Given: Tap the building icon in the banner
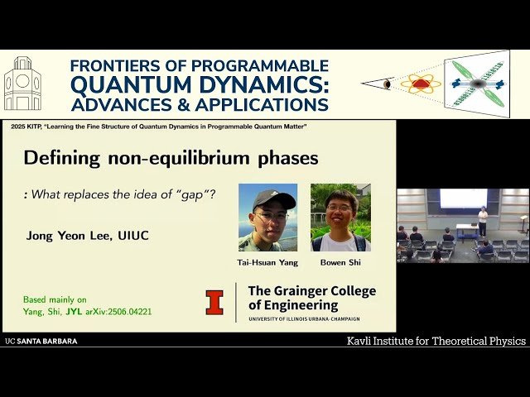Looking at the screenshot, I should tap(22, 84).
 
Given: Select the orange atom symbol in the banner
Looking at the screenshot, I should tap(421, 84).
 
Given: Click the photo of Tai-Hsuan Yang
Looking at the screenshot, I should tap(267, 217).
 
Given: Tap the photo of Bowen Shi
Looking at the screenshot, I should tap(340, 217).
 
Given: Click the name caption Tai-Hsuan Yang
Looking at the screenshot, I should tap(267, 263).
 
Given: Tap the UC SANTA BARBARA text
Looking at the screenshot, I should tap(41, 341).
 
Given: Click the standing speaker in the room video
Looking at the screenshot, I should tap(483, 221).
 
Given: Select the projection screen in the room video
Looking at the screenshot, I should tap(463, 198).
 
